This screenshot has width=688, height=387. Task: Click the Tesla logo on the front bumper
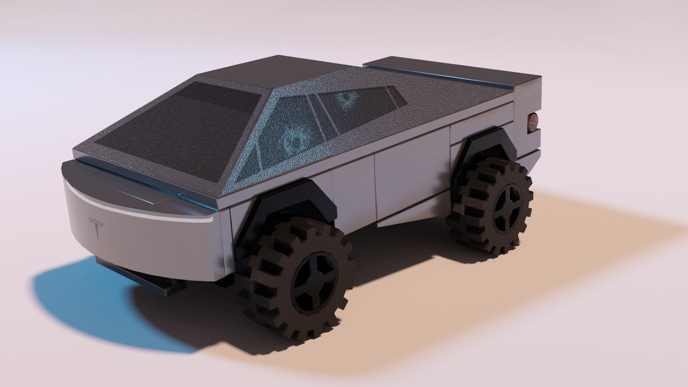point(96,228)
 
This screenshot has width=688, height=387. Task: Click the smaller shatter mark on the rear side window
point(343,100)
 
